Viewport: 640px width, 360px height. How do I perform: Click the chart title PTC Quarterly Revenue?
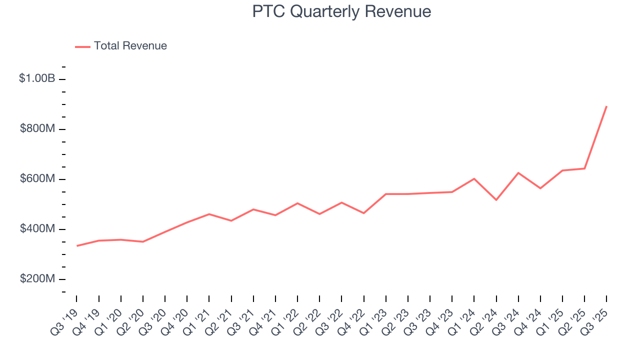click(341, 11)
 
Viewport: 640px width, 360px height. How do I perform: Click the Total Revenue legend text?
click(130, 46)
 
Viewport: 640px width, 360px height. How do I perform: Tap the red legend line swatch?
click(82, 46)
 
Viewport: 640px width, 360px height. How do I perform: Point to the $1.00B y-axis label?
click(37, 78)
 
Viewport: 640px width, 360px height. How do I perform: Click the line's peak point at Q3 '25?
click(606, 106)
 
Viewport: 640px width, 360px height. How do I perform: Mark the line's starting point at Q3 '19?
click(77, 245)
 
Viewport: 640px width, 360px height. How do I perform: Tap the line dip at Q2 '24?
click(496, 200)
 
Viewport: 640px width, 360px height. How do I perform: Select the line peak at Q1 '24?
click(474, 178)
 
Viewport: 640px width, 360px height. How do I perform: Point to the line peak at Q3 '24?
click(518, 173)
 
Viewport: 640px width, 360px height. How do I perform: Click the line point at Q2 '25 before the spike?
click(584, 168)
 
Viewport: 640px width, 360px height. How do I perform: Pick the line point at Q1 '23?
click(386, 194)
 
